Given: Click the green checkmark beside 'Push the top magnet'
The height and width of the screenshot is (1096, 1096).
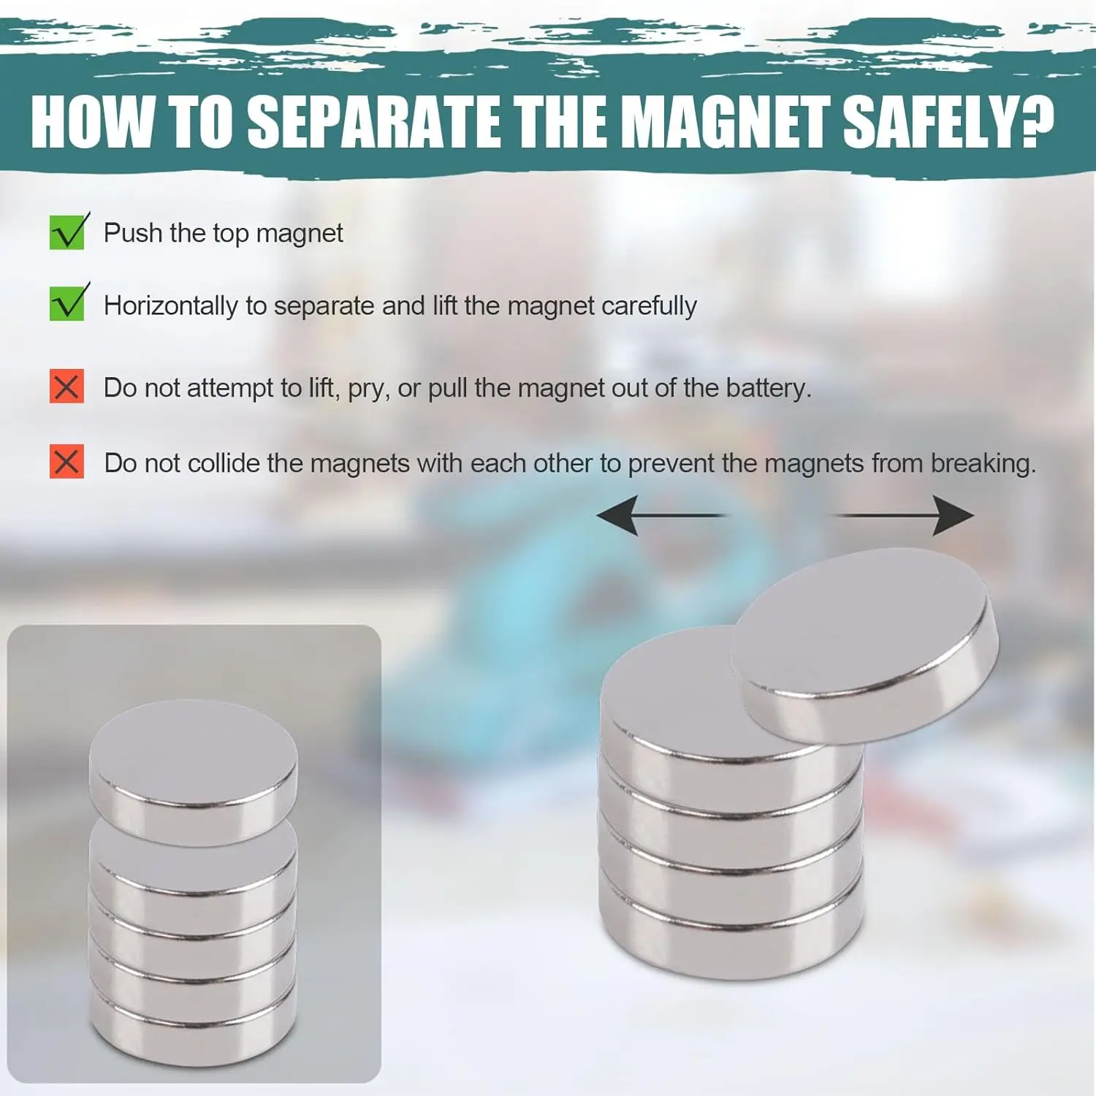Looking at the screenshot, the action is click(x=69, y=231).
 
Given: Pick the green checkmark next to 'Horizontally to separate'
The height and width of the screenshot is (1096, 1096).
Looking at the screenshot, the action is click(x=69, y=302).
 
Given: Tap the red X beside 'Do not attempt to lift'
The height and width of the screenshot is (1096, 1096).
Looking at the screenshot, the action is click(x=66, y=387).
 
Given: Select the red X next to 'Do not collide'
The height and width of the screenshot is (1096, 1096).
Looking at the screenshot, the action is click(x=66, y=462).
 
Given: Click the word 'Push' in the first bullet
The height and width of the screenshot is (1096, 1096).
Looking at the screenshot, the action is click(x=133, y=232).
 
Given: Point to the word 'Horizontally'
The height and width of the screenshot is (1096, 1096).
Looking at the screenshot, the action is click(x=171, y=305).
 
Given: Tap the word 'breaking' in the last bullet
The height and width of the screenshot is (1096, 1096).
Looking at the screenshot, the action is click(x=980, y=463).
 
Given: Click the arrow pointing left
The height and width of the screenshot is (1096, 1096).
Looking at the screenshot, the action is click(x=661, y=515).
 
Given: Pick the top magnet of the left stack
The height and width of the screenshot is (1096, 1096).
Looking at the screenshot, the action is click(x=194, y=771).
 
